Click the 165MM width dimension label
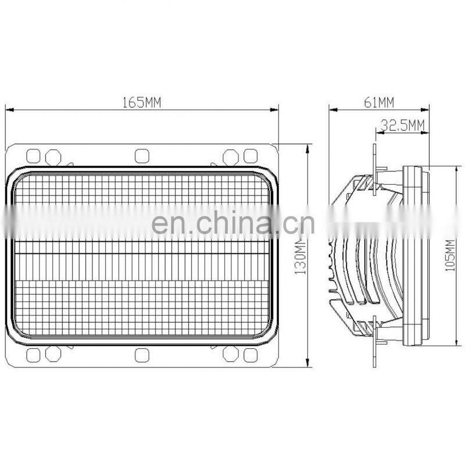[x=141, y=102]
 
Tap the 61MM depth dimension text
[x=379, y=102]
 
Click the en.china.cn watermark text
[x=233, y=223]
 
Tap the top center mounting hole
[x=142, y=156]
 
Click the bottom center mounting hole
[x=142, y=355]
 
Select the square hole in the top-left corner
[x=34, y=156]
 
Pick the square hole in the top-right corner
[x=250, y=156]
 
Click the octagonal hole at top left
[x=53, y=156]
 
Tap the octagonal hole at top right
[x=231, y=156]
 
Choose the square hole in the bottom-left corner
[x=34, y=355]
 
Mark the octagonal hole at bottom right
[x=231, y=355]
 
